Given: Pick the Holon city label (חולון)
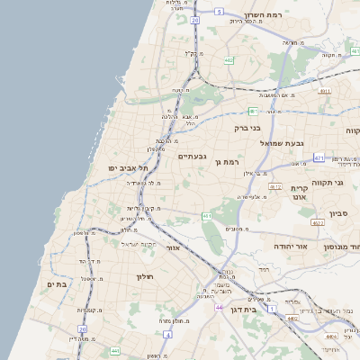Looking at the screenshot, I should click(x=145, y=277).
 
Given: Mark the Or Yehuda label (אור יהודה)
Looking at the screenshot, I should click(x=291, y=246).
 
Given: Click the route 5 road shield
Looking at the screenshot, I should click(x=219, y=12).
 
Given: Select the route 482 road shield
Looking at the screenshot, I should click(x=229, y=61).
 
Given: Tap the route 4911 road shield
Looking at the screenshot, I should click(x=325, y=90).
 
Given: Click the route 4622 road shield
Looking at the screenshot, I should click(x=317, y=221).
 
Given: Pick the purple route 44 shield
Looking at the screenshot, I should click(x=220, y=308).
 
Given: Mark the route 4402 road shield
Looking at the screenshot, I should click(x=291, y=318).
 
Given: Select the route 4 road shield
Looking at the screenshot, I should click(x=167, y=335).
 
